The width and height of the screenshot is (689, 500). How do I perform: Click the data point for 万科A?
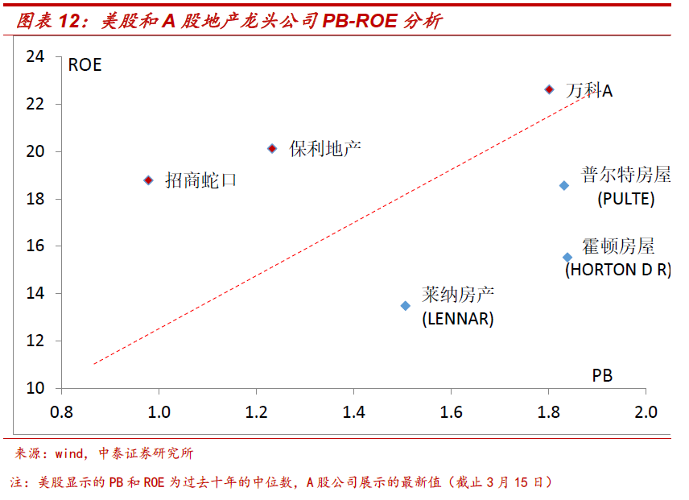click(549, 89)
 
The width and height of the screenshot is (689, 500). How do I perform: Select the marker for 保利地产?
click(272, 149)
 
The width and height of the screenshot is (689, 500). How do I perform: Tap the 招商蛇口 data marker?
click(148, 180)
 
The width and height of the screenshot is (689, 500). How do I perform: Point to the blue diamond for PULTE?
click(564, 185)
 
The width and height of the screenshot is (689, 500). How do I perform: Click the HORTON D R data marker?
click(567, 258)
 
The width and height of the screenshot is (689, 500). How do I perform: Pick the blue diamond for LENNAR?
click(406, 306)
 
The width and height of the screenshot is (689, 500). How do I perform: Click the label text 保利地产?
click(325, 149)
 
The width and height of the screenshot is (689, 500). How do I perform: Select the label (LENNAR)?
click(457, 319)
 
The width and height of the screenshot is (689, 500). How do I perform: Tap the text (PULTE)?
click(625, 199)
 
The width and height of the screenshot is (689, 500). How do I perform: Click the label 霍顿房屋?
click(618, 247)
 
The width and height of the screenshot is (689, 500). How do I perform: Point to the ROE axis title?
click(85, 66)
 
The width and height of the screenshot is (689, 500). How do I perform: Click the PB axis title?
click(602, 375)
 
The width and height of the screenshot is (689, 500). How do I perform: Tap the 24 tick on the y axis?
click(35, 56)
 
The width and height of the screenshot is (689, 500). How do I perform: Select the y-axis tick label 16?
click(35, 246)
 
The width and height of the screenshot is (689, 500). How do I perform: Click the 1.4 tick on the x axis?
click(353, 412)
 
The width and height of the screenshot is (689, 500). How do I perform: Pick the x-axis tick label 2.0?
click(645, 412)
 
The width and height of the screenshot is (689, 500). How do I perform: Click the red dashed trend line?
click(322, 242)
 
